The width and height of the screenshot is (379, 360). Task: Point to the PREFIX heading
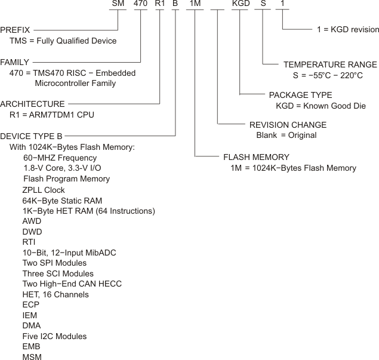16,29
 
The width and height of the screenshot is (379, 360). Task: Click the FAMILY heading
14,61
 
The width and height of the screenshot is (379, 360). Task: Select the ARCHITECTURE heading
33,103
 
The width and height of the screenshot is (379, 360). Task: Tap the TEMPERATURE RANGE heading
330,64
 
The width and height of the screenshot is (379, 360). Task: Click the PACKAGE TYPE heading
300,95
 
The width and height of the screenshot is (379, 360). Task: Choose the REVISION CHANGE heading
288,125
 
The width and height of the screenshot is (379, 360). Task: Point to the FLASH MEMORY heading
256,157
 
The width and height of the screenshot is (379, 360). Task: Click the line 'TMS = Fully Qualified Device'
63,41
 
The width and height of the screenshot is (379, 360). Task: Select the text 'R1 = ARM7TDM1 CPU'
51,114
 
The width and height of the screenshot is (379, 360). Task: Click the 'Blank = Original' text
286,135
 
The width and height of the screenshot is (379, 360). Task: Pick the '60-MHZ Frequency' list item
60,158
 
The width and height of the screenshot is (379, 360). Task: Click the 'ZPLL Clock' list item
44,190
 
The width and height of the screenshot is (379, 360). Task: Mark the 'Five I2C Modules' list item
54,336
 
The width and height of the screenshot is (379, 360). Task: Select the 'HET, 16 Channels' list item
56,294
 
